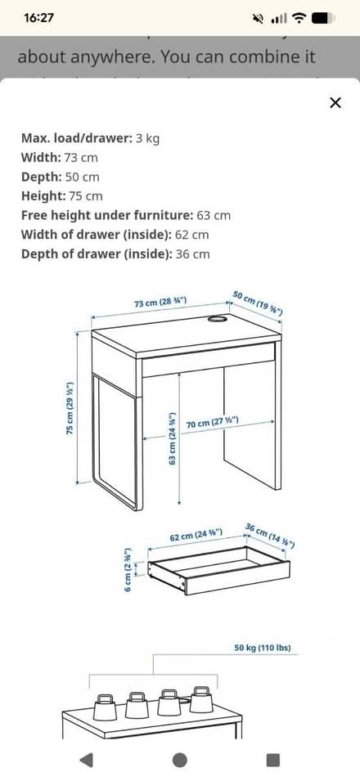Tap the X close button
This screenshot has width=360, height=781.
coord(335,102)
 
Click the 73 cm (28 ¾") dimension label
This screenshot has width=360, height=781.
coord(160,303)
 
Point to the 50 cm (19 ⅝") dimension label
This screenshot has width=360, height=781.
coord(258,303)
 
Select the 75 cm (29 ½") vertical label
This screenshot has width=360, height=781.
coord(70,409)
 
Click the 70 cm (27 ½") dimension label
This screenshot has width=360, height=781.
coord(212,423)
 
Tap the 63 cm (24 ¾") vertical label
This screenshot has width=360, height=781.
coord(173,439)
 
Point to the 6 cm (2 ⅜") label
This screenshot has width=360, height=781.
coord(129,570)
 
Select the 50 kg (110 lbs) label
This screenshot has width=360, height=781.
coord(262,649)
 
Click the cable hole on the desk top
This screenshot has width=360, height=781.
coord(217,320)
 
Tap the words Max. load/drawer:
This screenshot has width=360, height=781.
coord(76,137)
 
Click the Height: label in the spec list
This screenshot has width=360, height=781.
coord(43,195)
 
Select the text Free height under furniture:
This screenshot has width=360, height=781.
coord(106,215)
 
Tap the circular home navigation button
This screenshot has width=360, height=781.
coord(180,760)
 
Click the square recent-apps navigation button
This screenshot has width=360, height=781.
coord(273,760)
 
